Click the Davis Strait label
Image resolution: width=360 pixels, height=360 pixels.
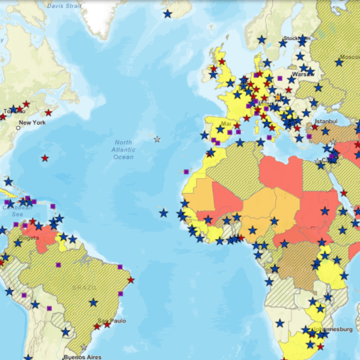point(64,5)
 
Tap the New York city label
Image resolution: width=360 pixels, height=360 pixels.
point(32,122)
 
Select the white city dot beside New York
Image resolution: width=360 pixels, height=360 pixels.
point(17,127)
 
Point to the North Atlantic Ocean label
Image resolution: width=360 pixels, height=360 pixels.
point(123,149)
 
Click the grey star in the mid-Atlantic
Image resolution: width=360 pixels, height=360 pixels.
point(157,139)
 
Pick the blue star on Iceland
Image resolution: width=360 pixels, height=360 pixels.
point(167,13)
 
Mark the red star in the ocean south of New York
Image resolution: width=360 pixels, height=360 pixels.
point(45,158)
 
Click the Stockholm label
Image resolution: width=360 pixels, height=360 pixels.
point(296,38)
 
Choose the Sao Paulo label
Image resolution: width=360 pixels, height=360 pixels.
point(112,320)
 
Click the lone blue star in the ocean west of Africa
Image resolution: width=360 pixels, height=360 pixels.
point(163,212)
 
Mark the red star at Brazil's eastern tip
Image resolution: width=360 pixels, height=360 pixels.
point(131,279)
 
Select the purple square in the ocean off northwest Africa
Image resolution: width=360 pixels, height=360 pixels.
point(186,170)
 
